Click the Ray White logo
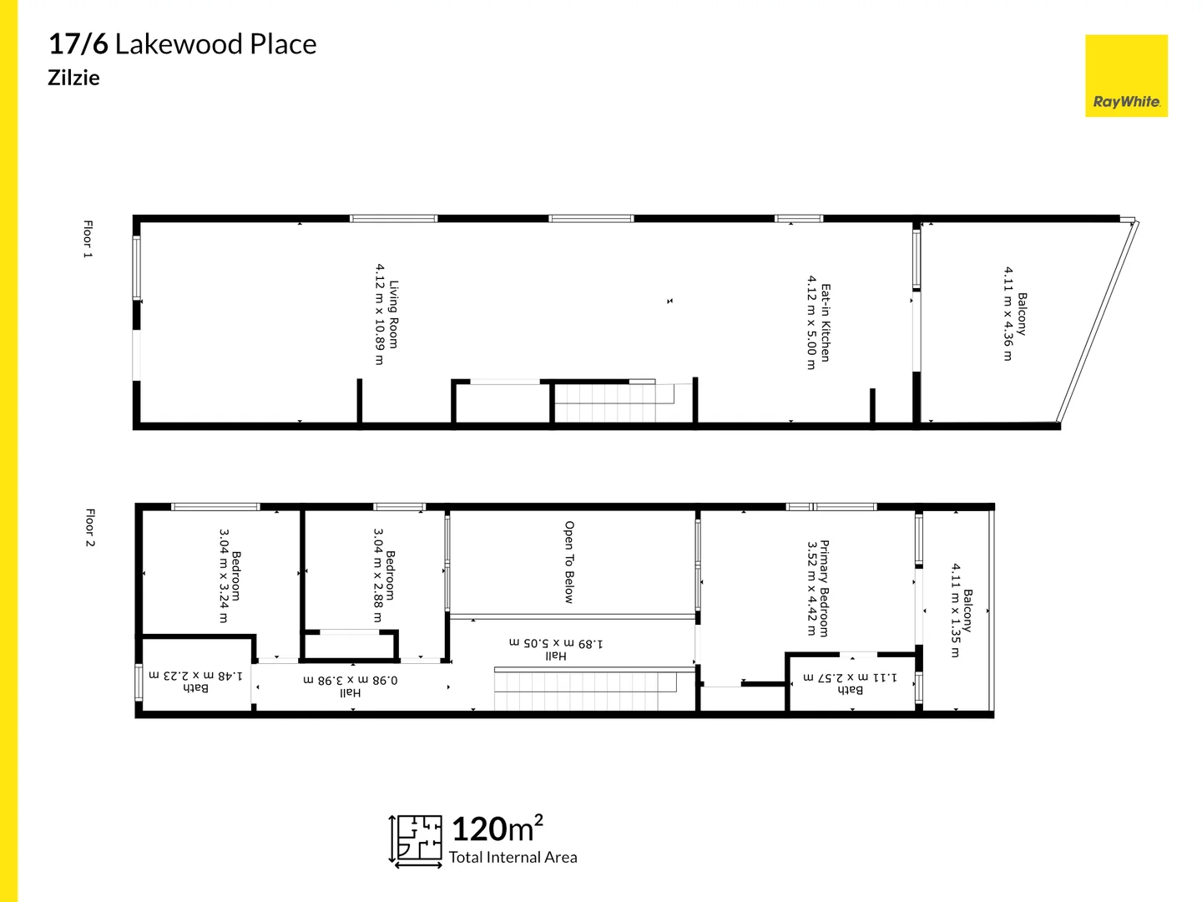click(1126, 76)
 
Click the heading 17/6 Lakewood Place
click(183, 44)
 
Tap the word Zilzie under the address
click(73, 78)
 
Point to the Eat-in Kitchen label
click(826, 322)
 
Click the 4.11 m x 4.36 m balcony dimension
click(1008, 314)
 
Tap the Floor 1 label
click(88, 239)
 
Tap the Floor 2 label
click(90, 527)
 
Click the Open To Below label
click(569, 562)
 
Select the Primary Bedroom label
click(824, 588)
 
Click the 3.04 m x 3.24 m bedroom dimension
click(223, 575)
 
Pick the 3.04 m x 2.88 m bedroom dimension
click(377, 575)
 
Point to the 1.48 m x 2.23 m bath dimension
click(196, 675)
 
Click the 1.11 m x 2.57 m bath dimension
click(851, 676)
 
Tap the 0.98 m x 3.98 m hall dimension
click(351, 680)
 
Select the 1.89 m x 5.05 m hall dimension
click(556, 643)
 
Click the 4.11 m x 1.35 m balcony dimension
click(955, 611)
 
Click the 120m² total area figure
click(497, 829)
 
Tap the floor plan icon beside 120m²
click(417, 839)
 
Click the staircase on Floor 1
click(616, 402)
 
